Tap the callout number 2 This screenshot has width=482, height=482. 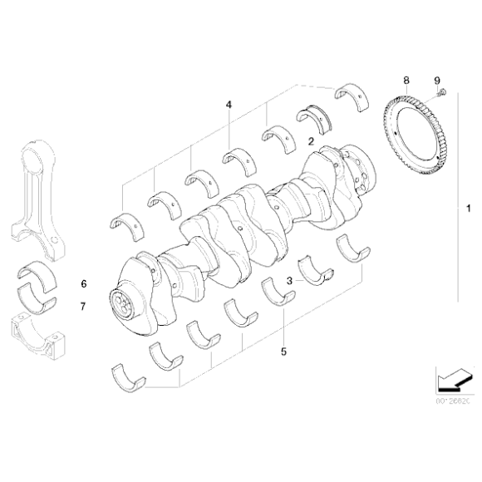pyautogui.click(x=310, y=142)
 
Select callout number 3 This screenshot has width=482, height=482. pyautogui.click(x=288, y=281)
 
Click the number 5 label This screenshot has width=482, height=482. pyautogui.click(x=283, y=352)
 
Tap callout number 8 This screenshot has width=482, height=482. pyautogui.click(x=406, y=81)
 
